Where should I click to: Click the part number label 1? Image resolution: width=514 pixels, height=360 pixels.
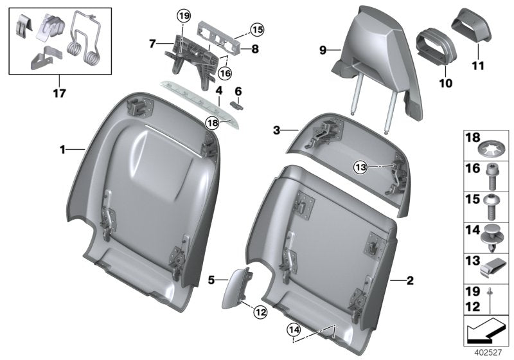(63, 149)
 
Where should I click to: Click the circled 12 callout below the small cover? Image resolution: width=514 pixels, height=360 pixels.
(259, 312)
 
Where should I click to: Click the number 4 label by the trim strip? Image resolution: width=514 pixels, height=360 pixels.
(219, 91)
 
